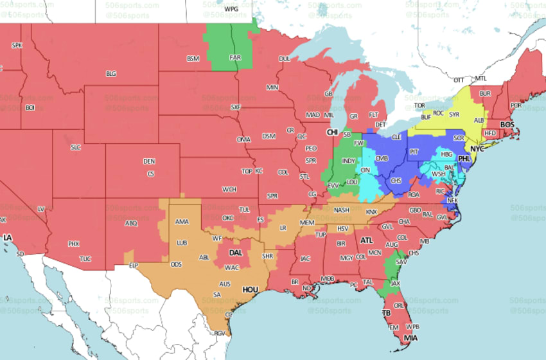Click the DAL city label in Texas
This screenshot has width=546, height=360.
click(235, 253)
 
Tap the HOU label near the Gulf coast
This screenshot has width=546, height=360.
click(250, 290)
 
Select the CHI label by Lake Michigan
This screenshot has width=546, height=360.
click(332, 132)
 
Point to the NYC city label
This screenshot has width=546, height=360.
click(477, 148)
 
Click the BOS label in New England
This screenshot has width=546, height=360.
click(507, 124)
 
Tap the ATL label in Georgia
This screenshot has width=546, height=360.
click(366, 240)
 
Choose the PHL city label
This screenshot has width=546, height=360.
click(465, 158)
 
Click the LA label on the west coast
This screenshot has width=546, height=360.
click(8, 237)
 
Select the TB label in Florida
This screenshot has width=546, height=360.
click(387, 313)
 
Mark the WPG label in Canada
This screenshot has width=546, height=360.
click(231, 9)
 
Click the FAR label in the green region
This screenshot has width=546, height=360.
click(235, 57)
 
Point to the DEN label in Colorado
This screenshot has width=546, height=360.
click(149, 161)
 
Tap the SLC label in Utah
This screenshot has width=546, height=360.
click(76, 147)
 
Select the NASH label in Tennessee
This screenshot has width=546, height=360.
click(342, 210)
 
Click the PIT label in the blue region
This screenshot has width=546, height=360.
click(414, 152)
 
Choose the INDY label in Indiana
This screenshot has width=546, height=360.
click(349, 161)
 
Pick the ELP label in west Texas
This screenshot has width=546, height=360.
click(134, 265)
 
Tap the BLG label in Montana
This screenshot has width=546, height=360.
click(111, 74)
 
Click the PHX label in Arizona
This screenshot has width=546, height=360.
click(74, 244)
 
